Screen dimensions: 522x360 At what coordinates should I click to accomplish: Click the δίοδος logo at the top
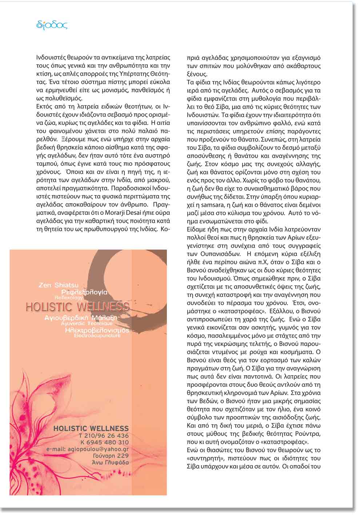coord(52,25)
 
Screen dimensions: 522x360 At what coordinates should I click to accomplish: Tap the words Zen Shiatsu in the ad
coord(58,285)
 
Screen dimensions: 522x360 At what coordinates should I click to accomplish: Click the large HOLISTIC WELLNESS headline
coord(77,306)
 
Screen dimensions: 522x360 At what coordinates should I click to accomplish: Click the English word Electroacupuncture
coord(97,336)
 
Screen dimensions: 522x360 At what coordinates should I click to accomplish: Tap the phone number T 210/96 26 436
coord(104,435)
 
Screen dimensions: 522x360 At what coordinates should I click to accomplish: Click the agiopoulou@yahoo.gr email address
coord(88,449)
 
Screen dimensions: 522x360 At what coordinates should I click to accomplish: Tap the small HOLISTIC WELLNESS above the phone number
coord(91,428)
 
